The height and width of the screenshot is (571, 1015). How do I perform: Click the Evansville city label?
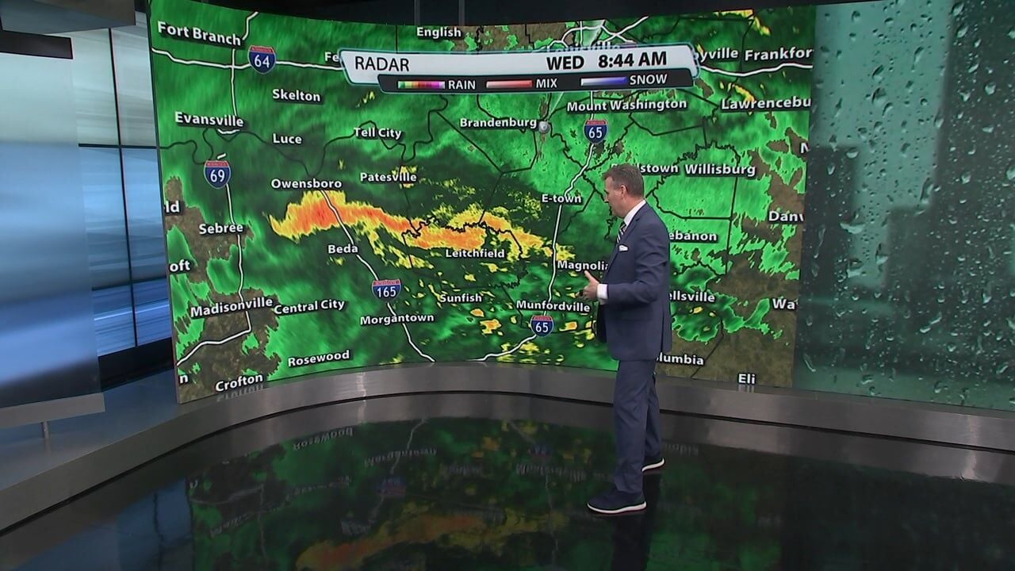pyautogui.click(x=209, y=119)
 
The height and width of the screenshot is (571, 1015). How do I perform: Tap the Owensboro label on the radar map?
pyautogui.click(x=306, y=183)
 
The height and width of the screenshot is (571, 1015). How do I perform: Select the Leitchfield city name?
pyautogui.click(x=474, y=254)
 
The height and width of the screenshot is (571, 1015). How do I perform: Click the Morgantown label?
pyautogui.click(x=397, y=319)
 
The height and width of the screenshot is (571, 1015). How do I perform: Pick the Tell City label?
pyautogui.click(x=377, y=132)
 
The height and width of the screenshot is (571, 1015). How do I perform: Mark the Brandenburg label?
pyautogui.click(x=498, y=123)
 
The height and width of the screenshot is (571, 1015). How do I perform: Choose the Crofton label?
pyautogui.click(x=239, y=383)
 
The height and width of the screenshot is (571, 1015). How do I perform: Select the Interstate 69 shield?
pyautogui.click(x=216, y=174)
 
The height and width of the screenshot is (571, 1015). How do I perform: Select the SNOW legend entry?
pyautogui.click(x=648, y=80)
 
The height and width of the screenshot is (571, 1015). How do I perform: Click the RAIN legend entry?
pyautogui.click(x=462, y=82)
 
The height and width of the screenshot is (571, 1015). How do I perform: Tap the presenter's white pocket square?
pyautogui.click(x=623, y=247)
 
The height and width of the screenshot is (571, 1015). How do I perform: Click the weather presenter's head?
pyautogui.click(x=624, y=186)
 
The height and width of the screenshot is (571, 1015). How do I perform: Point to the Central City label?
pyautogui.click(x=309, y=306)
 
